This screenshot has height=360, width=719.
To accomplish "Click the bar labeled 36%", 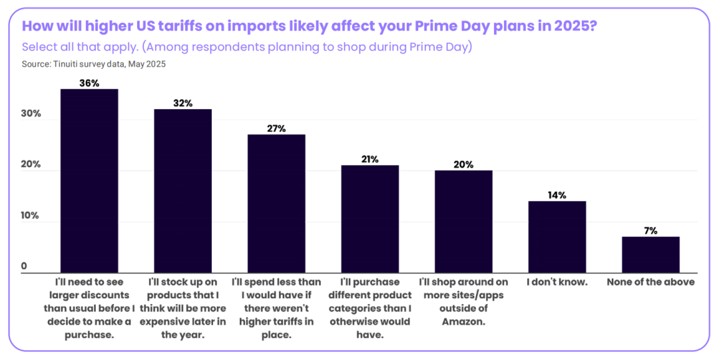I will [x=89, y=181].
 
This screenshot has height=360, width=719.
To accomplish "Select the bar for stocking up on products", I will [x=183, y=191].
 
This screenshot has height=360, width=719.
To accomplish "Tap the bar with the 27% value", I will [x=276, y=204].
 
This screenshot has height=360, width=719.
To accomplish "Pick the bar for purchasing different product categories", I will [x=370, y=219].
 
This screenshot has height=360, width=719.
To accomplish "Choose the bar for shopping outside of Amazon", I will [x=464, y=222].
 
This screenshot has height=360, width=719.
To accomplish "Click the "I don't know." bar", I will [x=557, y=237].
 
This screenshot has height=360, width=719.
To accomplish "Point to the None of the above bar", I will [x=650, y=255].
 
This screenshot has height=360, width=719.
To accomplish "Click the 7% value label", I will [x=650, y=230].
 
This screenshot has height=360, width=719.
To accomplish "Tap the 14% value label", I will [x=557, y=195].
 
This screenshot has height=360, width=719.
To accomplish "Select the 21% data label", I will [x=370, y=159].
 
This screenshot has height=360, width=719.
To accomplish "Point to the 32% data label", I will [x=183, y=103].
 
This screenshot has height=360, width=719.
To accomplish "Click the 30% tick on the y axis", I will [x=31, y=114].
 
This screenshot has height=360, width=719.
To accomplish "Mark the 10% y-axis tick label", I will [x=31, y=216].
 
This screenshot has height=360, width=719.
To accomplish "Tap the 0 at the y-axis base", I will [x=24, y=267].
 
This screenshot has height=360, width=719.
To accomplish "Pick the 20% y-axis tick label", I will [x=31, y=165].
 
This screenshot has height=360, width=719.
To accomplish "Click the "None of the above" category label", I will [x=650, y=282].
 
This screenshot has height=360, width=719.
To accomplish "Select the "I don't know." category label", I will [x=557, y=282].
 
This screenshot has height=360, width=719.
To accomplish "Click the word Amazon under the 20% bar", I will [x=464, y=321].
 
